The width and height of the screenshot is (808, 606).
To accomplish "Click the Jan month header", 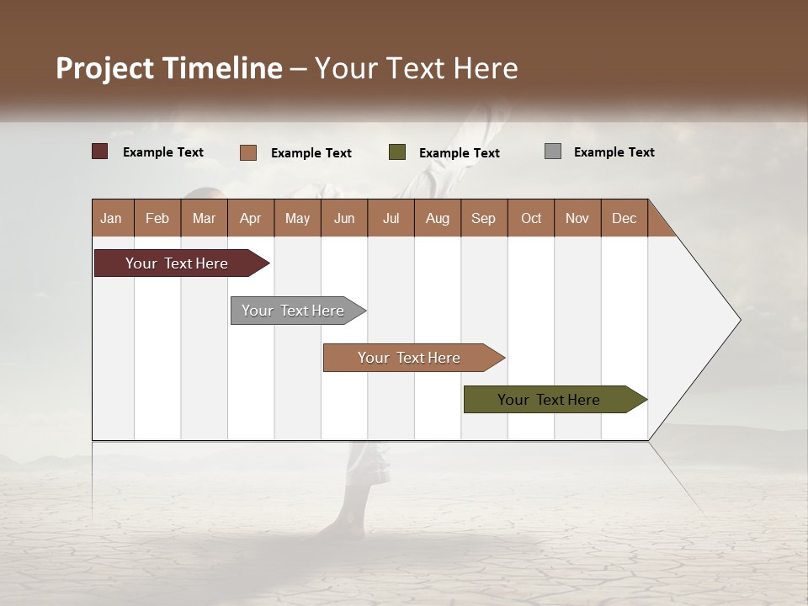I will [x=111, y=218].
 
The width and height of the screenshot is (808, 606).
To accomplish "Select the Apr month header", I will [x=250, y=218].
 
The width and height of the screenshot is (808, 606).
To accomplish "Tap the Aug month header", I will [x=437, y=218].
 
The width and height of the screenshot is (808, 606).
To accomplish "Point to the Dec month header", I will [x=624, y=218].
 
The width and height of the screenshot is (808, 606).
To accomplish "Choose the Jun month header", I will [x=343, y=218].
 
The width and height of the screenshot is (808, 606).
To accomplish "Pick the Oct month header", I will [x=530, y=218].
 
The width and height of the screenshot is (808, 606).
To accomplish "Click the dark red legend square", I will [x=99, y=151].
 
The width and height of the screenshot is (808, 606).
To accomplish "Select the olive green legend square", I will [x=396, y=151].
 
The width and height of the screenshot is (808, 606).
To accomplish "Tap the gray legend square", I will [x=552, y=151].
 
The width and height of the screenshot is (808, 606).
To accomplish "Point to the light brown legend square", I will [x=247, y=152].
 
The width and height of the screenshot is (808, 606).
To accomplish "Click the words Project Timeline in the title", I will [x=168, y=68].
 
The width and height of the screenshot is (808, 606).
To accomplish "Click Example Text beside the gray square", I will [x=614, y=152].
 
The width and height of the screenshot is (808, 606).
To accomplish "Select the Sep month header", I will [x=483, y=218].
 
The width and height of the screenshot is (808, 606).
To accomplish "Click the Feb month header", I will [x=157, y=218].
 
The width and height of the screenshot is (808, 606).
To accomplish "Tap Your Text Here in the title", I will [x=417, y=68].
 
